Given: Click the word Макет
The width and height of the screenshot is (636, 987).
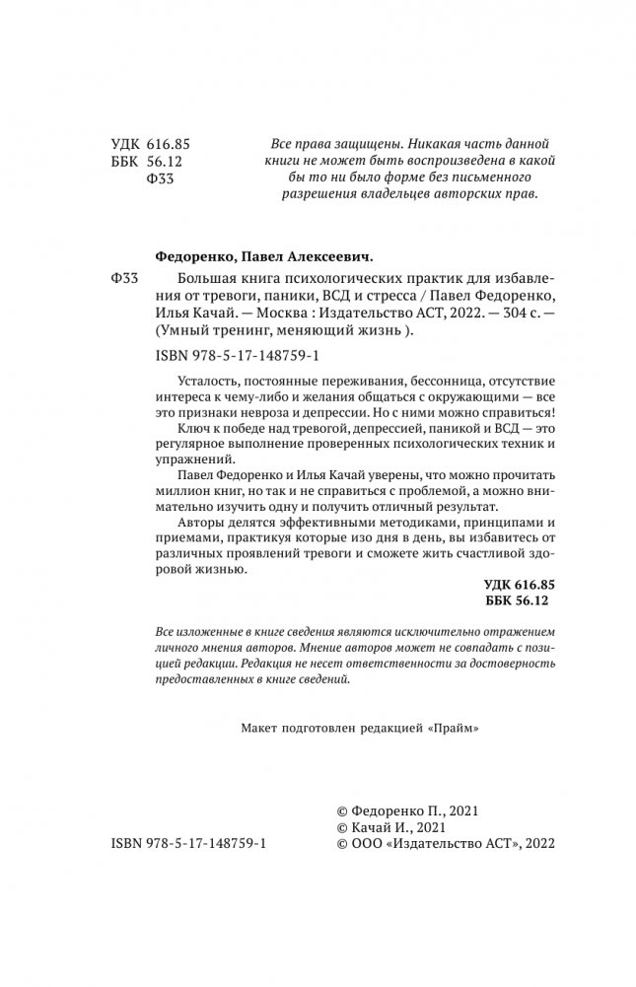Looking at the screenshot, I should tap(260, 729).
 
